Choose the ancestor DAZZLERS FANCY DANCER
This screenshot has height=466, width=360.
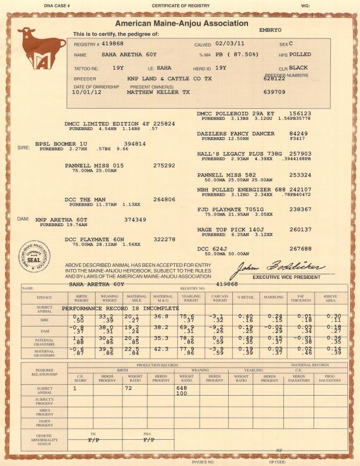tap(237, 134)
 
